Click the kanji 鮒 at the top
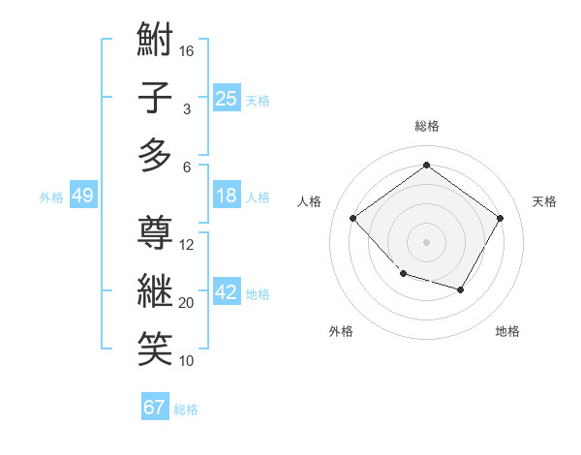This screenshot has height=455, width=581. [155, 42]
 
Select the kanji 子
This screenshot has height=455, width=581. [155, 98]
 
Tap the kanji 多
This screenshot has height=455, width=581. [155, 155]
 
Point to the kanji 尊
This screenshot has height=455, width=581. [155, 232]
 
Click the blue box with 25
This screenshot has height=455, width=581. [227, 99]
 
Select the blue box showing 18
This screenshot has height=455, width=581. [227, 196]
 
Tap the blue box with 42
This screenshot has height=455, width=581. [227, 293]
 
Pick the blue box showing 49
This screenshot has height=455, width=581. [83, 197]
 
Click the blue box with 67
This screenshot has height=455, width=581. [155, 408]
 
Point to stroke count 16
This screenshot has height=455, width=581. [188, 50]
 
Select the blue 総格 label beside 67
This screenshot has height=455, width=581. [186, 409]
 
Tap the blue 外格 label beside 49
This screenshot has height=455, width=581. [51, 197]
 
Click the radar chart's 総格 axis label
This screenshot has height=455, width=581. [426, 126]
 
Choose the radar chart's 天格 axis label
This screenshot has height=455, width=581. [544, 201]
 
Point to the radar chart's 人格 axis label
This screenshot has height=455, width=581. [310, 201]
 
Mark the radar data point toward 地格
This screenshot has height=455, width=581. [461, 289]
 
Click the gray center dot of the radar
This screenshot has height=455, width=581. [426, 241]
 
